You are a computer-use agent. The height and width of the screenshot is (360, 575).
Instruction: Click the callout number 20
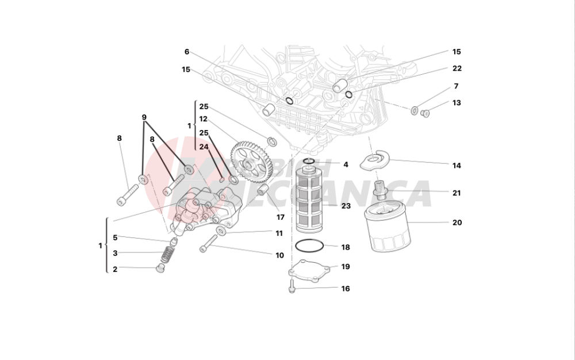(457, 223)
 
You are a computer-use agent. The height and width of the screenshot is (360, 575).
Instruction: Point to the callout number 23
(346, 205)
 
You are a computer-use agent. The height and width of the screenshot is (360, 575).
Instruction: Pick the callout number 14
(457, 166)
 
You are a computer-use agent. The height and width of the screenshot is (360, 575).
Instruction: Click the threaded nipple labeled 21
(379, 187)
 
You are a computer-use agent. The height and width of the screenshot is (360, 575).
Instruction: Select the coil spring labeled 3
(166, 253)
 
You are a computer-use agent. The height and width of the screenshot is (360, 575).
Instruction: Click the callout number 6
(187, 52)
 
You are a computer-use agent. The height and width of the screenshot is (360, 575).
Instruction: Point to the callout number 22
(457, 68)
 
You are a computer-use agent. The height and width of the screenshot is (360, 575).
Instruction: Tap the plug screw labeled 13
(425, 113)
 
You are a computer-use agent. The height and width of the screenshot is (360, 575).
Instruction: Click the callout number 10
(279, 255)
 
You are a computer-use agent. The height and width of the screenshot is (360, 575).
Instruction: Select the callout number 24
(204, 147)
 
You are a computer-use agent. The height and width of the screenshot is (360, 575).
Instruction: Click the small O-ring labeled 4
(309, 160)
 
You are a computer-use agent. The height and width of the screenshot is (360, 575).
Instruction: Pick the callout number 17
(280, 217)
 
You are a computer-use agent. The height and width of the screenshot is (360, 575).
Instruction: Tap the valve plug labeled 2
(160, 269)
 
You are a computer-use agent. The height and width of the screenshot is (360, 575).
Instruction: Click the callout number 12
(204, 120)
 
